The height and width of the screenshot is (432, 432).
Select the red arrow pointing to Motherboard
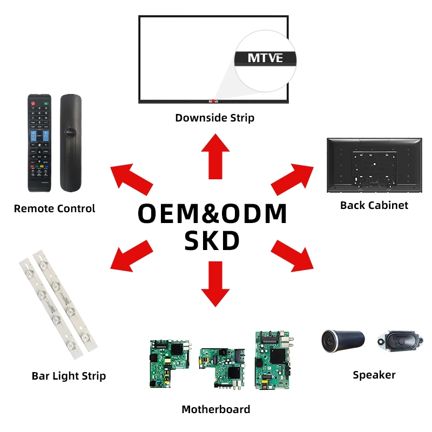[215, 283]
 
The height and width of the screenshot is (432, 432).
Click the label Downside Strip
[214, 117]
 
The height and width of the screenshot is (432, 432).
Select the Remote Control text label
[55, 208]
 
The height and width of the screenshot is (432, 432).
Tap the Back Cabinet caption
[374, 205]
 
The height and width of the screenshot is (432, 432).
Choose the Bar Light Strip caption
[69, 376]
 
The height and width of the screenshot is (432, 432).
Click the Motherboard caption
[215, 409]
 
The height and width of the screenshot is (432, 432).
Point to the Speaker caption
[374, 375]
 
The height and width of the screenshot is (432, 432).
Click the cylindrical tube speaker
[343, 341]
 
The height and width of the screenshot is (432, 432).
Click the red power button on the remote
[33, 103]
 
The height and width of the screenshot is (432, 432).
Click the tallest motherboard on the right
[272, 360]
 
